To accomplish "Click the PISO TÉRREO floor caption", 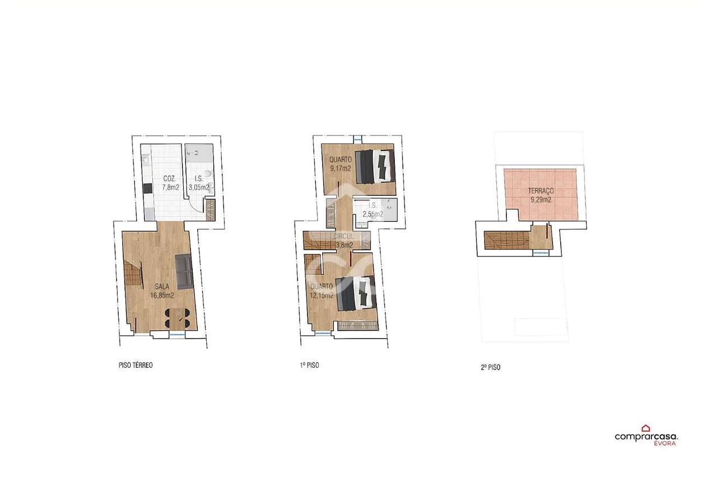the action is pyautogui.click(x=136, y=365).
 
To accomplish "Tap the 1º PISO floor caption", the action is pyautogui.click(x=309, y=365).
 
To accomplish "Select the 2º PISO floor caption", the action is pyautogui.click(x=490, y=367).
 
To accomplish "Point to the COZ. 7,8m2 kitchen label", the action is pyautogui.click(x=170, y=183).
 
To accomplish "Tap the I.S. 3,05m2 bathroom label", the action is pyautogui.click(x=199, y=183).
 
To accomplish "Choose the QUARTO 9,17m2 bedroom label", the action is pyautogui.click(x=340, y=164).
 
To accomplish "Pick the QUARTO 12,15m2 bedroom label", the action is pyautogui.click(x=322, y=291).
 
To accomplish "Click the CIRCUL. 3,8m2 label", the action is pyautogui.click(x=344, y=241).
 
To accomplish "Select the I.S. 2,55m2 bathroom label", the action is pyautogui.click(x=373, y=210).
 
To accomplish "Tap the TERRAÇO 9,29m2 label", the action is pyautogui.click(x=541, y=195).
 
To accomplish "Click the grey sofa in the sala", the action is pyautogui.click(x=184, y=272).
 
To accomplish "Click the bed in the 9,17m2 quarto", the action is pyautogui.click(x=375, y=166).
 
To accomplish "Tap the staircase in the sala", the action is pyautogui.click(x=133, y=274).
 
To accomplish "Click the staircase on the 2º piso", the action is pyautogui.click(x=506, y=241).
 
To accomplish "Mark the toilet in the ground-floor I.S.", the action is pyautogui.click(x=207, y=174).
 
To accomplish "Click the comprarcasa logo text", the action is pyautogui.click(x=646, y=437).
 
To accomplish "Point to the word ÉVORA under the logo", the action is pyautogui.click(x=664, y=443).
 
